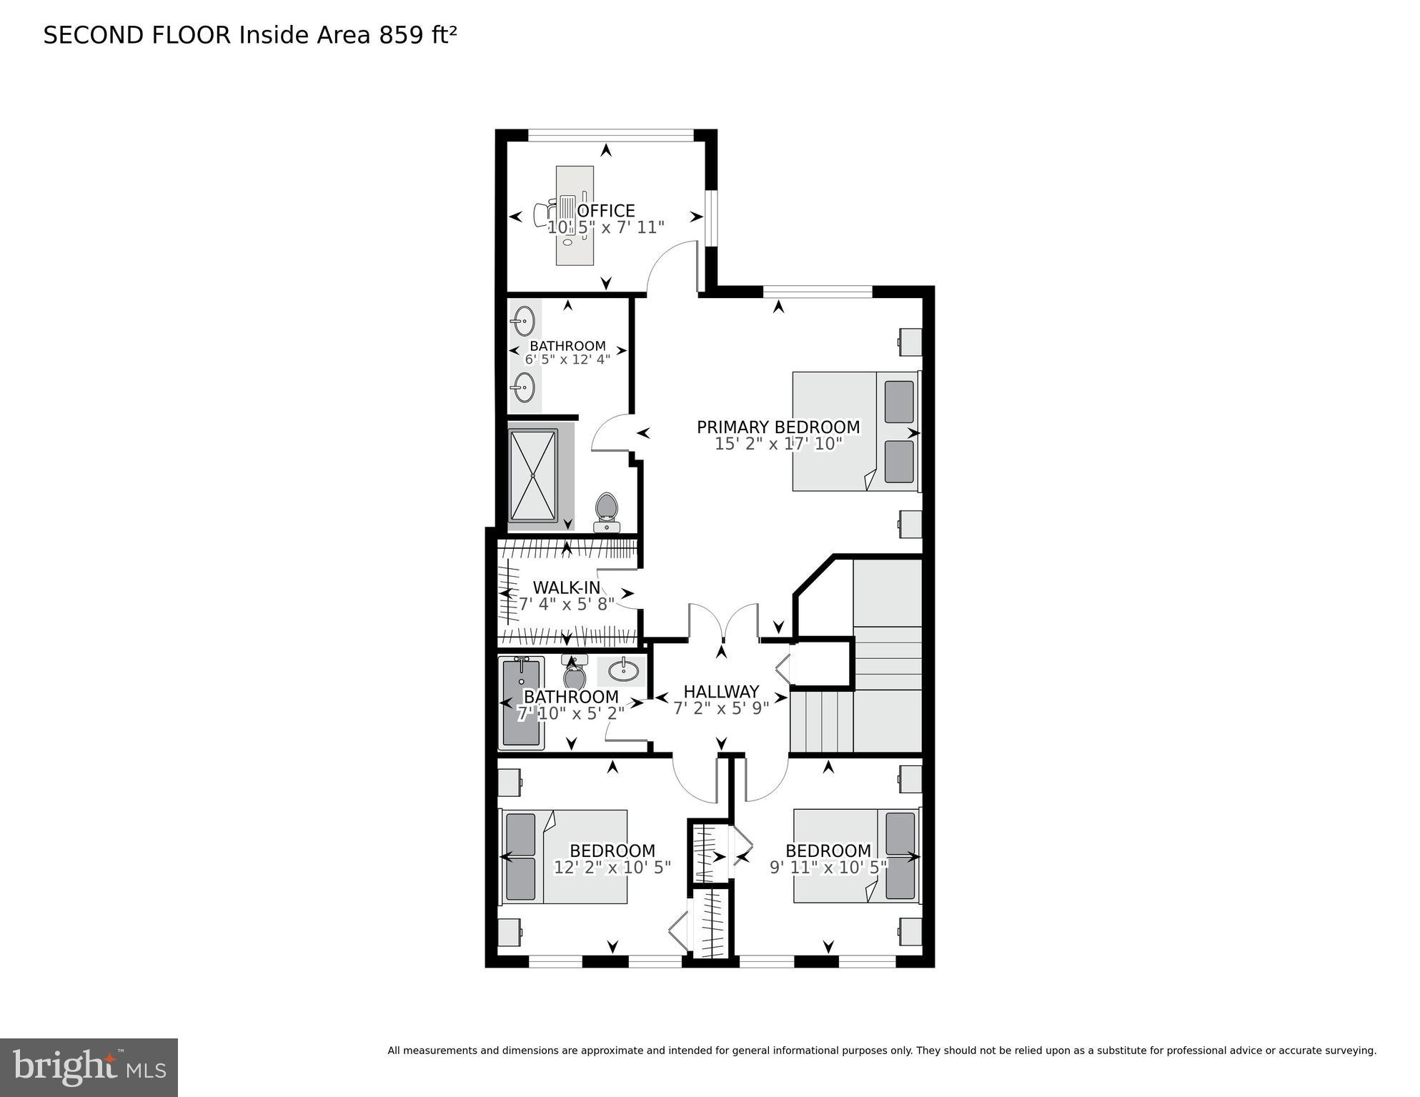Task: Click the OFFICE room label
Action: pyautogui.click(x=606, y=211)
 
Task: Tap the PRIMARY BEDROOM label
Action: pyautogui.click(x=778, y=427)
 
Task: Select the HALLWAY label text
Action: pyautogui.click(x=721, y=691)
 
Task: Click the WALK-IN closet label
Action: pyautogui.click(x=567, y=587)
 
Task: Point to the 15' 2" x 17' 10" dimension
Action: pyautogui.click(x=778, y=444)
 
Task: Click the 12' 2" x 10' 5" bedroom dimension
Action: pyautogui.click(x=612, y=868)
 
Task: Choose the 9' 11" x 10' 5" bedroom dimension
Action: pyautogui.click(x=828, y=868)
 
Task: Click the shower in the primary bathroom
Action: pyautogui.click(x=533, y=476)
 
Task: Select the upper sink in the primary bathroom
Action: pyautogui.click(x=525, y=321)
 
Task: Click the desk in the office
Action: pyautogui.click(x=575, y=215)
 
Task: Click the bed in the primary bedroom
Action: pyautogui.click(x=855, y=431)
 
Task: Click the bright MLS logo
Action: pyautogui.click(x=89, y=1068)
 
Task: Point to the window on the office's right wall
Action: pyautogui.click(x=710, y=218)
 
